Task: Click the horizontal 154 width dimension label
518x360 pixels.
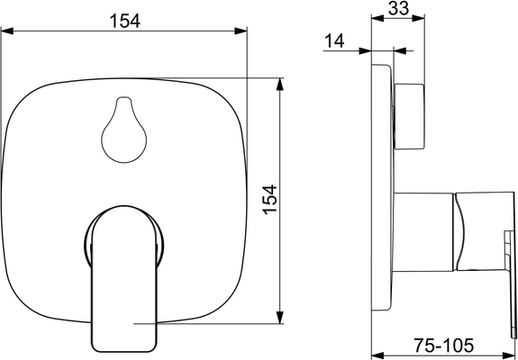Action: [x=124, y=21]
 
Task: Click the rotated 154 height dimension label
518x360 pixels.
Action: [x=270, y=200]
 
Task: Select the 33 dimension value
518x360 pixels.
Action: [x=398, y=8]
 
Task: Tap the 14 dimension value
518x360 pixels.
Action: [x=334, y=40]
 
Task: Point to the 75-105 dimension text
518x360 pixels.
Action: [x=443, y=346]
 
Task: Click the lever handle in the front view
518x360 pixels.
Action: [x=124, y=279]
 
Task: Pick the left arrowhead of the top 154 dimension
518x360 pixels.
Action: [x=7, y=31]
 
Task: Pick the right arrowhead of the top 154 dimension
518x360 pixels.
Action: [x=241, y=31]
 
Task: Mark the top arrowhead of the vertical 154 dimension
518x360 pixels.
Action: [x=280, y=84]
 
